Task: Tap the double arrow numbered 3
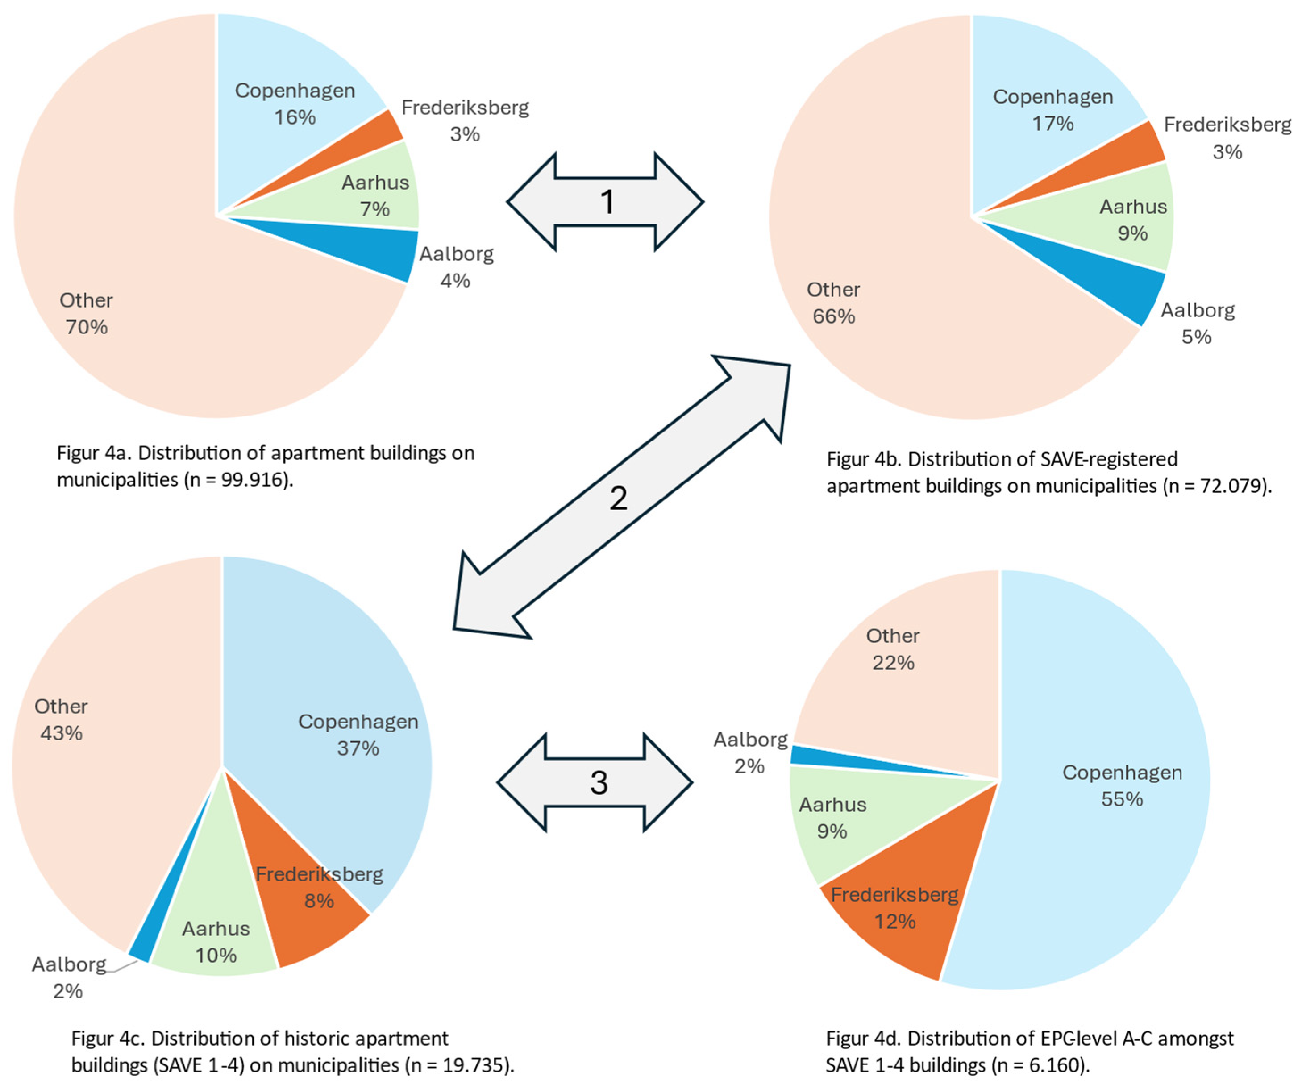tap(595, 783)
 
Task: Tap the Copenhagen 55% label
tap(1122, 786)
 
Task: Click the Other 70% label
tap(86, 314)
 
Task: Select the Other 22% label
tap(893, 649)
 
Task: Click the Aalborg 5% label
tap(1197, 324)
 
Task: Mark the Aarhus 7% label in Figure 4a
tap(375, 195)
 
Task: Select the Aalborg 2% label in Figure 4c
tap(68, 977)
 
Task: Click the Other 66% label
tap(833, 303)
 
